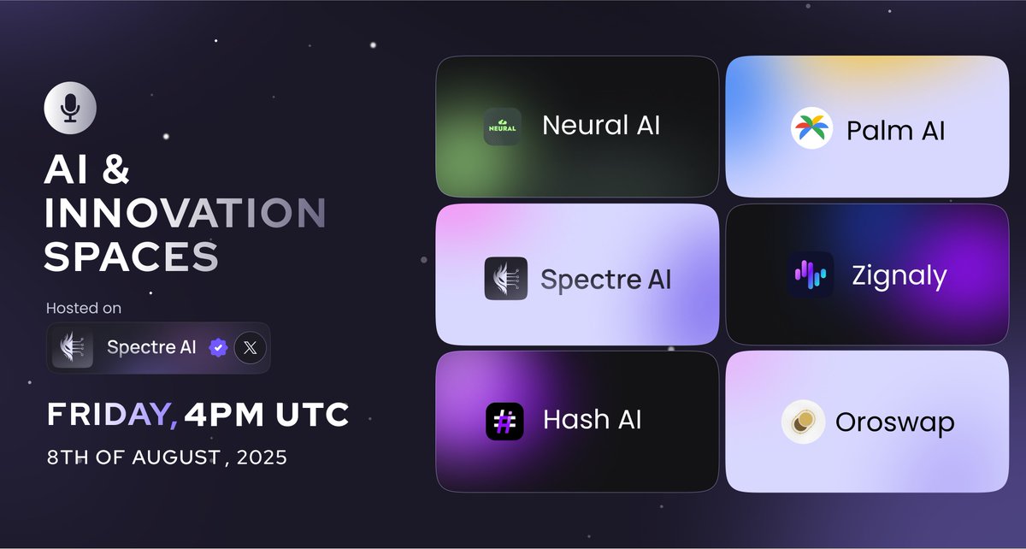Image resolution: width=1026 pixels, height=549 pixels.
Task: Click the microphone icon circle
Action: coord(70,109)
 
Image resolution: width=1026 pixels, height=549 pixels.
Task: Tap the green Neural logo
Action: coord(502,127)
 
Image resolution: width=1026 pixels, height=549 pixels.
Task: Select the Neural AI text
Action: coord(600,126)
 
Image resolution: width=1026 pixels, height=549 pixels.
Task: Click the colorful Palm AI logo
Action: coord(811,129)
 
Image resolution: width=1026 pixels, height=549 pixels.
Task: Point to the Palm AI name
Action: coord(895,131)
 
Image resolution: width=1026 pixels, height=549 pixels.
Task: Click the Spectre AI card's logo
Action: coord(505,279)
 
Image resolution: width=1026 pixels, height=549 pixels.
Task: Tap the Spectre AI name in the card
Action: coord(605,280)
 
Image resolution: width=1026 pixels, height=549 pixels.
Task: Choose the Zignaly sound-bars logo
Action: coord(809,275)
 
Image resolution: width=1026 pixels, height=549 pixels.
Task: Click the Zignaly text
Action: coord(899,276)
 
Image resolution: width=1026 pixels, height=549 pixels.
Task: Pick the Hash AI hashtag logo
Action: coord(504,421)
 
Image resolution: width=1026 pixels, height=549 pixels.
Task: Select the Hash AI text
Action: coord(592,420)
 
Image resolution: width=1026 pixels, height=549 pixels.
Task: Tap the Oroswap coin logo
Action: coord(803,422)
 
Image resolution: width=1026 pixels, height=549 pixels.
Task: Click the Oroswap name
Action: coord(894,422)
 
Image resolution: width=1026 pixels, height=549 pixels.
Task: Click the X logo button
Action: coord(251,348)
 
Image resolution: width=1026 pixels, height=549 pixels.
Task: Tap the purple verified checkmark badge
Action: coord(219,348)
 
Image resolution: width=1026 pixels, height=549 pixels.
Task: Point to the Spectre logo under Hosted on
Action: coord(73,348)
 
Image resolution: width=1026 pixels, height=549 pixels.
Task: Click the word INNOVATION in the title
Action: coord(185,214)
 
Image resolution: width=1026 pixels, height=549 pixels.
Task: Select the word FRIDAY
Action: coord(111,416)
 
